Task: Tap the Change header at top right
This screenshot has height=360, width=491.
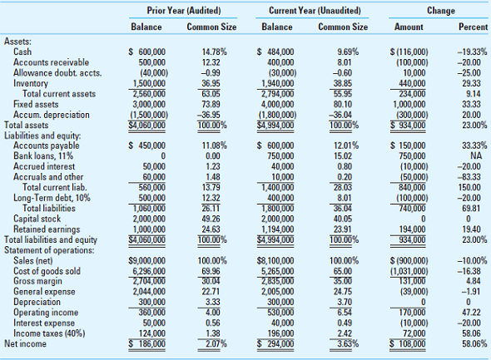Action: [434, 9]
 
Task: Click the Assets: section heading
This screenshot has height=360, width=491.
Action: [19, 40]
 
